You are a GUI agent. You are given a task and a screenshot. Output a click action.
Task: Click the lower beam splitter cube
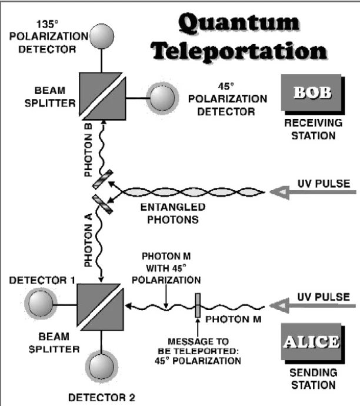98,305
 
